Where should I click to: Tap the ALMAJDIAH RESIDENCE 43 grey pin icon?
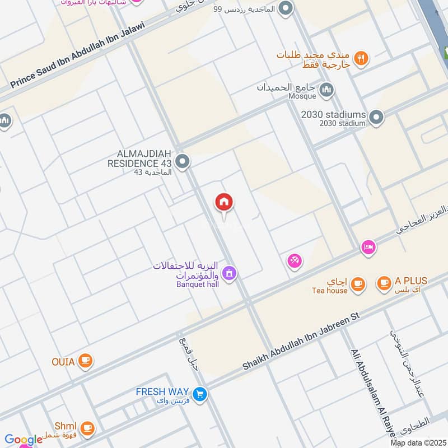pyautogui.click(x=182, y=162)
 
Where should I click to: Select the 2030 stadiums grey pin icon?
pyautogui.click(x=377, y=118)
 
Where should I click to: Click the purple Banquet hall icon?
pyautogui.click(x=228, y=273)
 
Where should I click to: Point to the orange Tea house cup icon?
pyautogui.click(x=358, y=284)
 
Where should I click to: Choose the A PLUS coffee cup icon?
pyautogui.click(x=384, y=283)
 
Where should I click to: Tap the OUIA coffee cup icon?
pyautogui.click(x=85, y=360)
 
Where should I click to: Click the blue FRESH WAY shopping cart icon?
pyautogui.click(x=200, y=394)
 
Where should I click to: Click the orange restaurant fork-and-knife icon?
pyautogui.click(x=361, y=57)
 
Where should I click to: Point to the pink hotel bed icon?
pyautogui.click(x=368, y=247)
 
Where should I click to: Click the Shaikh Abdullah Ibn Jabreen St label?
pyautogui.click(x=300, y=342)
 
